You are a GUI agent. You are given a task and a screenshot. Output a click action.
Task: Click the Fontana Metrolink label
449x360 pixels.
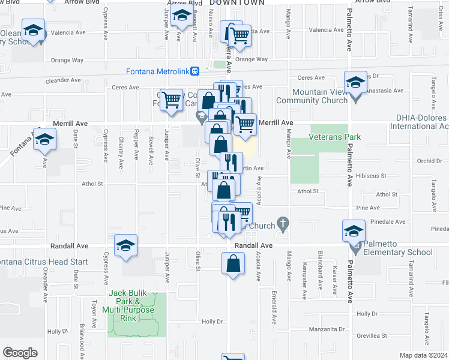[158, 71]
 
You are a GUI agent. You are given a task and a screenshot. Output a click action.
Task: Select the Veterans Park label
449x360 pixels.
[334, 137]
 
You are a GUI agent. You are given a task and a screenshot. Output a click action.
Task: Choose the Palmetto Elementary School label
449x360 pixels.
[394, 252]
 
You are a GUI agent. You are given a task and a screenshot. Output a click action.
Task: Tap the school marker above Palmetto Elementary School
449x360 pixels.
[354, 230]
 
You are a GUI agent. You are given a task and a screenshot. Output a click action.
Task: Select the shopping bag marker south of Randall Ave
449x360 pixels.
[233, 263]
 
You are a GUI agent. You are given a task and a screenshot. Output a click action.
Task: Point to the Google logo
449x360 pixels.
[20, 353]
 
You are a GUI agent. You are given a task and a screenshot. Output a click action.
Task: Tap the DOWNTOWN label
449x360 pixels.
[237, 3]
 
